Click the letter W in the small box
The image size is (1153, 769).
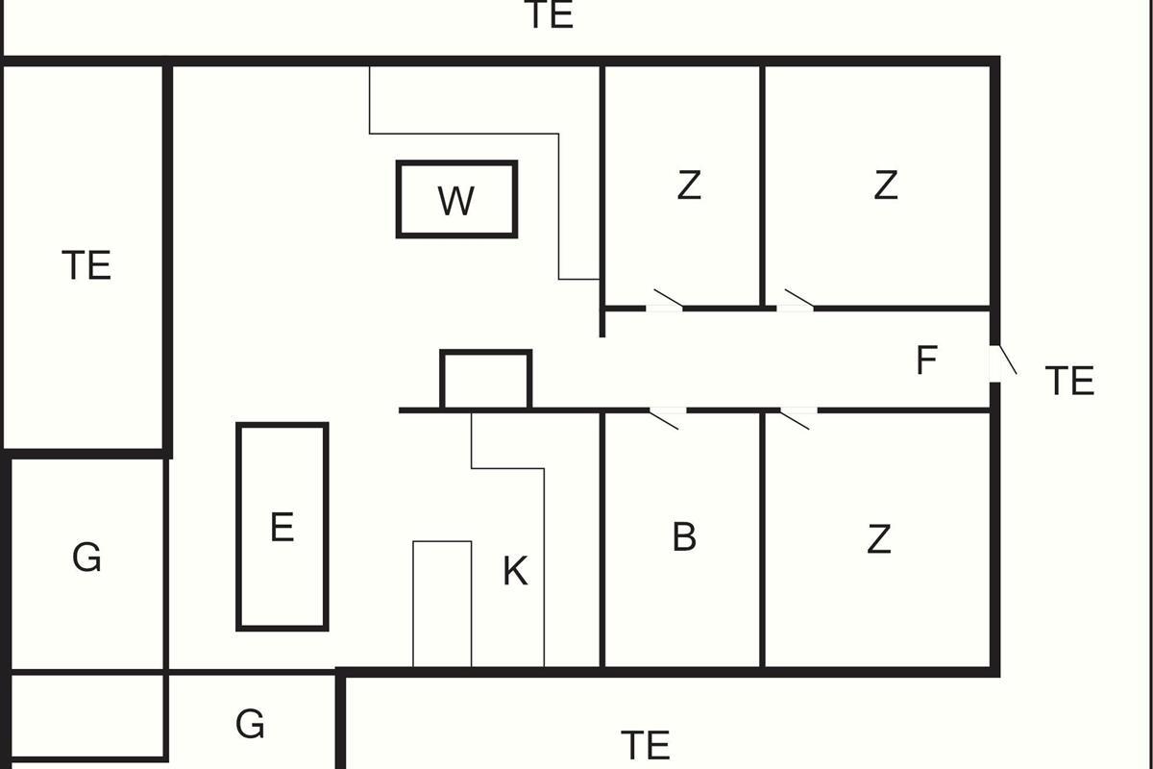(456, 201)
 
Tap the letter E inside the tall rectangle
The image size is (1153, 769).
(282, 527)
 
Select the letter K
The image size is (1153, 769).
(515, 571)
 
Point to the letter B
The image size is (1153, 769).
(684, 536)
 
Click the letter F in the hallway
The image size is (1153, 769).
(926, 360)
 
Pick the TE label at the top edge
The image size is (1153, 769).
(552, 14)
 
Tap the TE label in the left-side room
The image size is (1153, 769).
(86, 265)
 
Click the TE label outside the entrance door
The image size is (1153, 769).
(1069, 381)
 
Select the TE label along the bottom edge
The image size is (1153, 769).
(646, 745)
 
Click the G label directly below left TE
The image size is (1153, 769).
(86, 558)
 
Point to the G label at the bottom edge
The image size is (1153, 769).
(250, 724)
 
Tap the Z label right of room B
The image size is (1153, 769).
(878, 538)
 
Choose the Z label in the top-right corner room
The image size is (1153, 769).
(886, 186)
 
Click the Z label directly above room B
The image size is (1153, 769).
(689, 186)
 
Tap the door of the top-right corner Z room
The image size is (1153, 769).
(798, 299)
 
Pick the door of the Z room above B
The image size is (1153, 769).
(668, 299)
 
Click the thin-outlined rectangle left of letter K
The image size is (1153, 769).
(442, 604)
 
